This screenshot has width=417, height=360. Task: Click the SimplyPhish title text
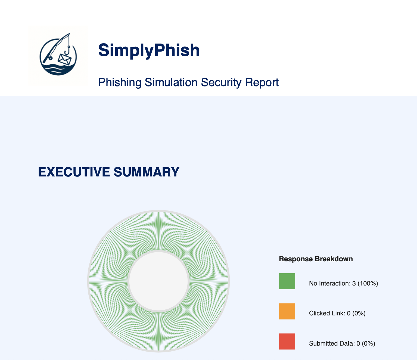149,50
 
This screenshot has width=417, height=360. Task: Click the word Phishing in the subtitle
120,82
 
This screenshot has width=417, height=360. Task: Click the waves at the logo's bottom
58,69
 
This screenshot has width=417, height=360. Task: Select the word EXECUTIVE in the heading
74,172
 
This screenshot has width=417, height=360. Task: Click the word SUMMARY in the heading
147,172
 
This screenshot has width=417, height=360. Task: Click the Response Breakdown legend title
316,259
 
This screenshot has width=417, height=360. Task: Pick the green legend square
287,281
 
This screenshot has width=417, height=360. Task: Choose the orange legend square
287,311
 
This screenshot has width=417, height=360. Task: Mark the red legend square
287,341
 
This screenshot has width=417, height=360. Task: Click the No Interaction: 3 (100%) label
343,283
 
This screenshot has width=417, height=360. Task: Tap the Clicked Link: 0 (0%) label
337,313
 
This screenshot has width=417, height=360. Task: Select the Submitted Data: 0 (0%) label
342,343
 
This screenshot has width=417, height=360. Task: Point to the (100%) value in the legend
368,283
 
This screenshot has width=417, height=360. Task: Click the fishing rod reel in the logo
50,58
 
